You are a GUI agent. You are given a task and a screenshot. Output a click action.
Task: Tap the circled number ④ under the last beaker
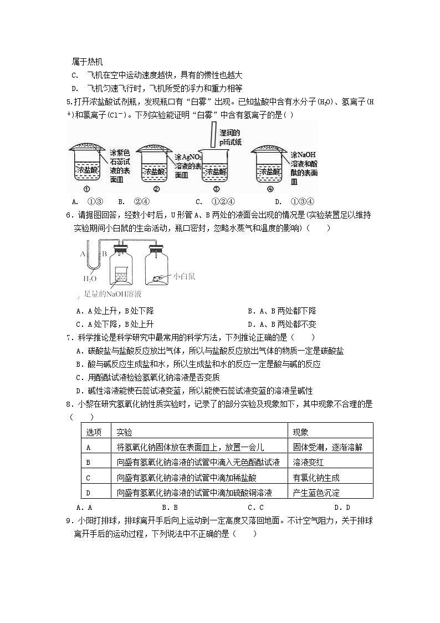pos(270,189)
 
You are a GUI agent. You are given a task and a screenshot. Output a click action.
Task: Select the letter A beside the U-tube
pos(83,255)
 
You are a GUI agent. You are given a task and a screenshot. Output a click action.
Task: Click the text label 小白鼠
pos(184,276)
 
